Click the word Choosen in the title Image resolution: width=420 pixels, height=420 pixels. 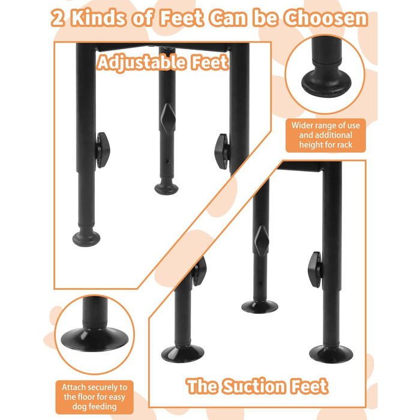pyautogui.click(x=326, y=18)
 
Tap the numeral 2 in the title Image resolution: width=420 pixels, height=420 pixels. pyautogui.click(x=58, y=19)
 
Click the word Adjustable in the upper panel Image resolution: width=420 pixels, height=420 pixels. pyautogui.click(x=142, y=62)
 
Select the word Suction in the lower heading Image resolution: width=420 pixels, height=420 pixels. pyautogui.click(x=254, y=386)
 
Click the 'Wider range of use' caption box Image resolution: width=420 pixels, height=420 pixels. pyautogui.click(x=325, y=135)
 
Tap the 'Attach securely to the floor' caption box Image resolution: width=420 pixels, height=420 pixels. pyautogui.click(x=94, y=397)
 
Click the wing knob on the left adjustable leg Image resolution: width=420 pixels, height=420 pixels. pyautogui.click(x=103, y=150)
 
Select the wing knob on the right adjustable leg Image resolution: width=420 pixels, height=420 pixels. pyautogui.click(x=222, y=152)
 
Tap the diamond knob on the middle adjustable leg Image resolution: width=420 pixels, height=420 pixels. pyautogui.click(x=168, y=119)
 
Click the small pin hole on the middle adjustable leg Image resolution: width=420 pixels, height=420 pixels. pyautogui.click(x=167, y=161)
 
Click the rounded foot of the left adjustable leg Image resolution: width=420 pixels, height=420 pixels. pyautogui.click(x=86, y=237)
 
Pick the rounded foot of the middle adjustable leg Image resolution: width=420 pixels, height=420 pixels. pyautogui.click(x=166, y=187)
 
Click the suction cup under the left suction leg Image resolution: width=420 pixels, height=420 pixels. pyautogui.click(x=182, y=353)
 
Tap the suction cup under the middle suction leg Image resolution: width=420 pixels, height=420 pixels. pyautogui.click(x=260, y=307)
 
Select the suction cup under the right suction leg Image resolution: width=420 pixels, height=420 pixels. pyautogui.click(x=331, y=353)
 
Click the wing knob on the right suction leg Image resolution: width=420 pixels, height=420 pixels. pyautogui.click(x=315, y=269)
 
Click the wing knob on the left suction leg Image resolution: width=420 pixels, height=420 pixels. pyautogui.click(x=199, y=271)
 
